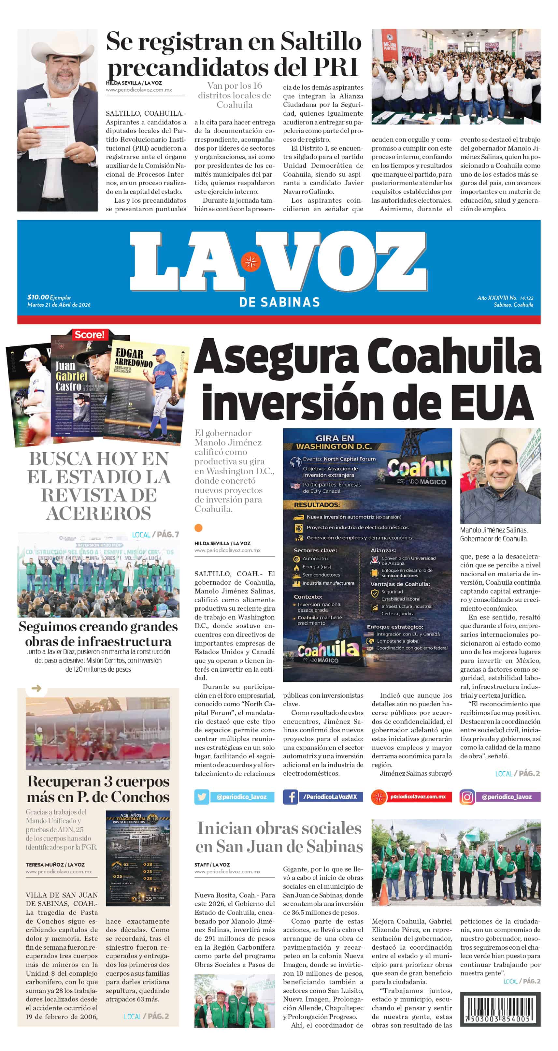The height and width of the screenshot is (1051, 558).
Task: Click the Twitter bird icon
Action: [x=202, y=796]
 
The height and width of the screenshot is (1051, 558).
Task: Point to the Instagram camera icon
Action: [x=467, y=796]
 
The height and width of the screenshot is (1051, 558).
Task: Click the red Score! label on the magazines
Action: [x=89, y=335]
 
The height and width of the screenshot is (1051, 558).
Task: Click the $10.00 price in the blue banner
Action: [x=38, y=297]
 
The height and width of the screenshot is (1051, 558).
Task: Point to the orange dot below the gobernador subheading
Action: [x=199, y=528]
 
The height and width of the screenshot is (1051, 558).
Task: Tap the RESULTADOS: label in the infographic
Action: [x=317, y=505]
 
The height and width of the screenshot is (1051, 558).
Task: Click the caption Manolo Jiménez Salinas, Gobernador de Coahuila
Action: [x=494, y=534]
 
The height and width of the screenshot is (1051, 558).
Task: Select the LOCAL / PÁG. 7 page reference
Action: [x=155, y=534]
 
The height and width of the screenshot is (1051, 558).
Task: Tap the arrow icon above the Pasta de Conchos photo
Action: [x=36, y=688]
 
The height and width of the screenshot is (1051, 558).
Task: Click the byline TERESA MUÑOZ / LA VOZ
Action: [x=55, y=865]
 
